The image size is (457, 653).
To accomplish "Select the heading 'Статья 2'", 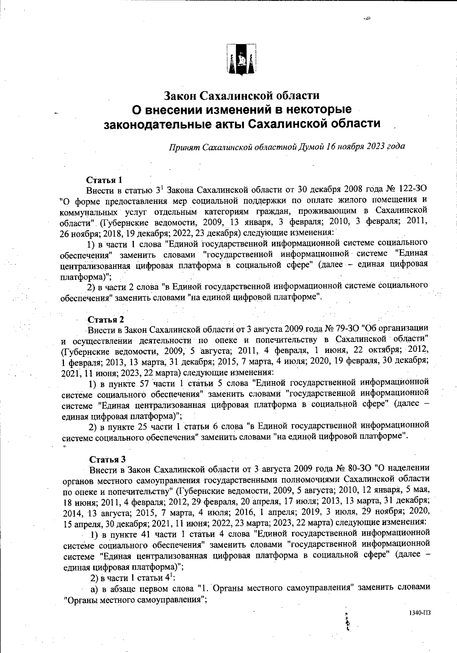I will pyautogui.click(x=105, y=319).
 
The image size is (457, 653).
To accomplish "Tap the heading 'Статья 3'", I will pyautogui.click(x=107, y=459).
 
